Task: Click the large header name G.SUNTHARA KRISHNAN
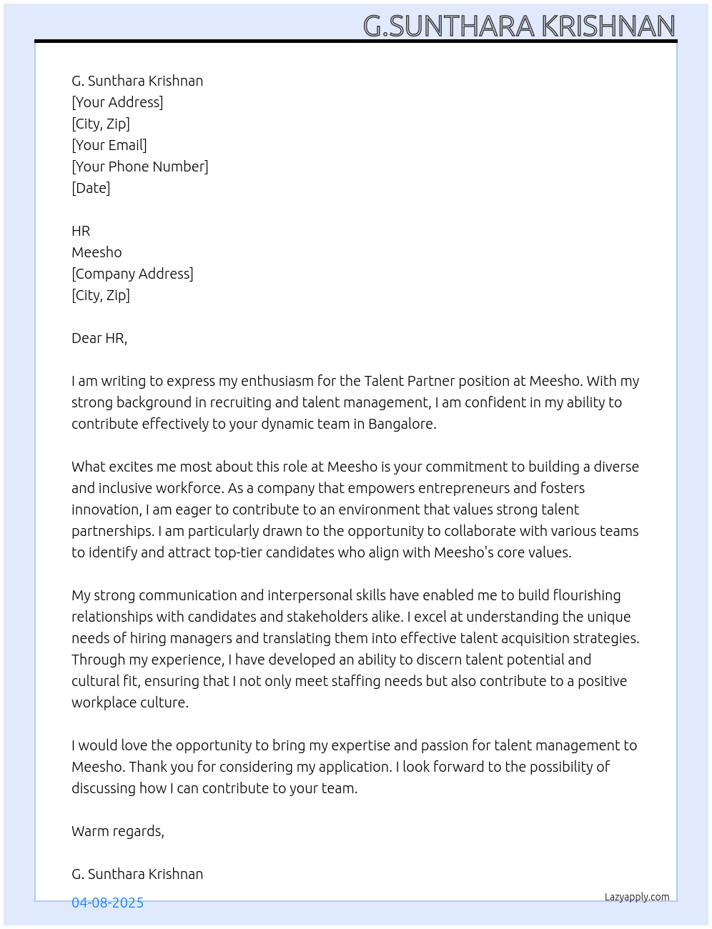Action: coord(519,26)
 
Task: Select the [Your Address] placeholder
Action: coord(117,102)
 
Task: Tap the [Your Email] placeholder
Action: coord(109,145)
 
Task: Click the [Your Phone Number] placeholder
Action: coord(140,167)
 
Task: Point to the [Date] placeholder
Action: coord(91,188)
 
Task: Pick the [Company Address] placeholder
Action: coord(132,274)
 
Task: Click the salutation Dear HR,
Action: coord(99,338)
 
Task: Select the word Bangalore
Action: coord(401,424)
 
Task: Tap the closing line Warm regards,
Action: coord(118,831)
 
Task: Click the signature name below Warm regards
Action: coord(137,874)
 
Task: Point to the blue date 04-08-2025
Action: coord(107,903)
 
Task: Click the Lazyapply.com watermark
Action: coord(637,897)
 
